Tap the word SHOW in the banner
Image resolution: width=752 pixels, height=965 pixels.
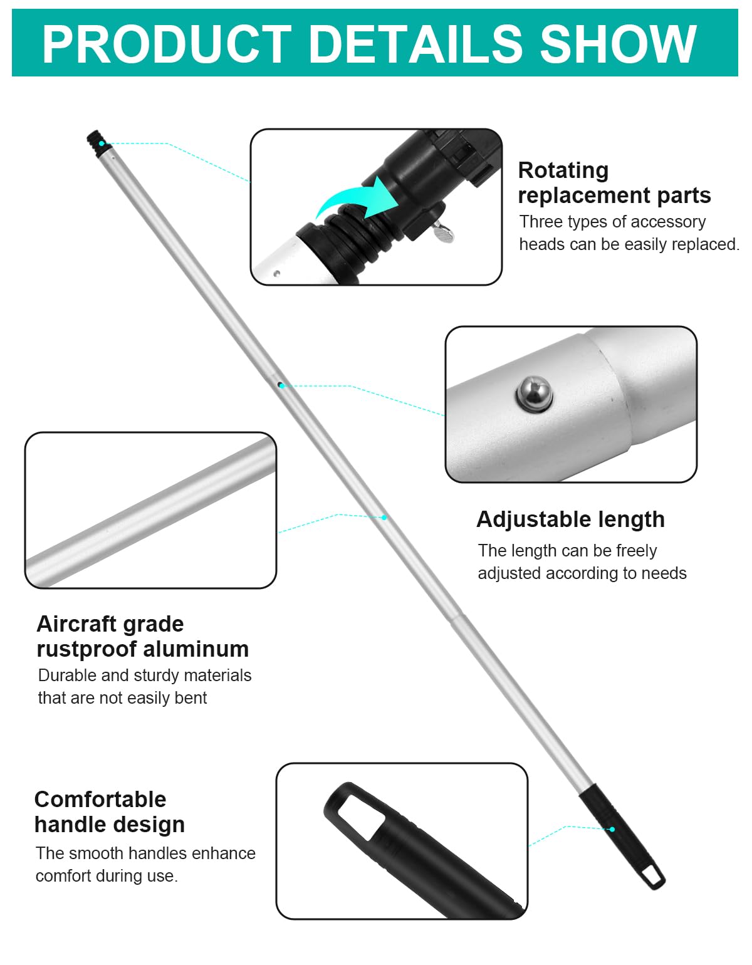pos(619,44)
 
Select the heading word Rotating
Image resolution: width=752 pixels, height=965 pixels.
pos(563,170)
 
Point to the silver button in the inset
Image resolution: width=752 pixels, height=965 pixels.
pos(534,394)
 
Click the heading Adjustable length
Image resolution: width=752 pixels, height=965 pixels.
pos(570,519)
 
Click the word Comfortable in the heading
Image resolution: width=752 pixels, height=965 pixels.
pos(100,800)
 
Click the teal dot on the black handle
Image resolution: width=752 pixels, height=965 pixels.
pos(612,829)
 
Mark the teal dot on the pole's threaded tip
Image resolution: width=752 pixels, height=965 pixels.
pos(102,143)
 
